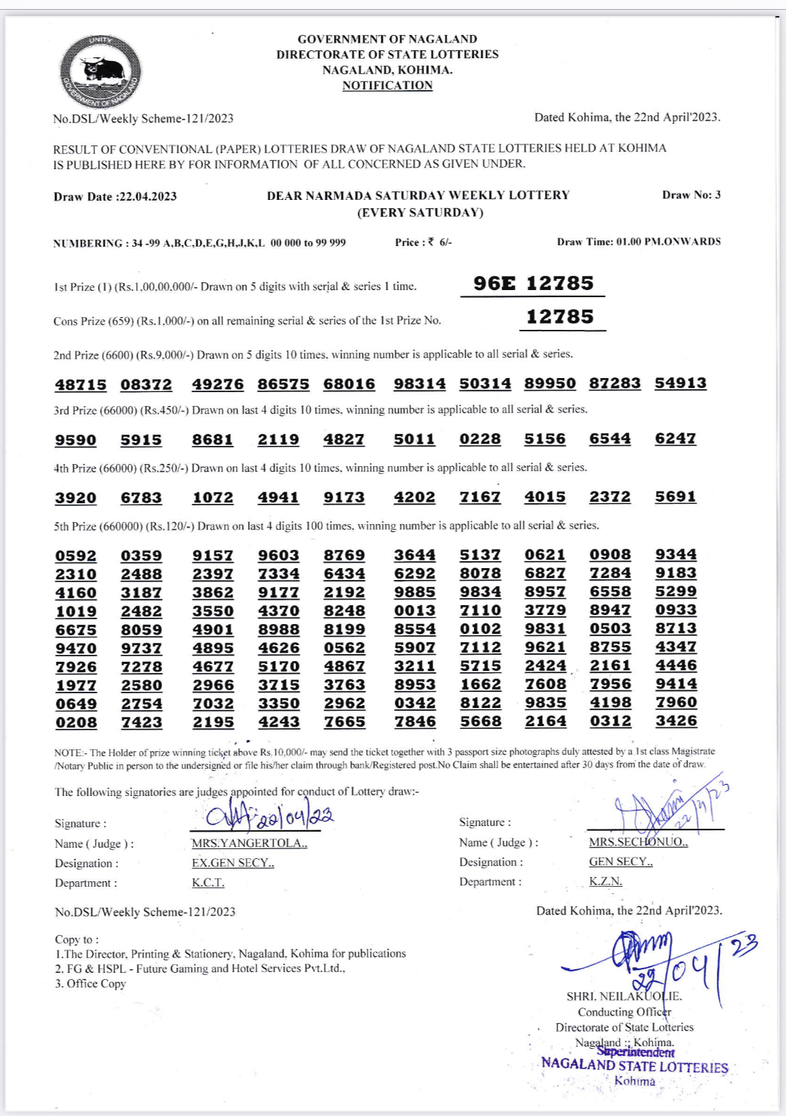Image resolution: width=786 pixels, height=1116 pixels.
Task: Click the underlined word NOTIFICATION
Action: tap(387, 85)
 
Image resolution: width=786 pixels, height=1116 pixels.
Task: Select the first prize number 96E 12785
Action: tap(533, 283)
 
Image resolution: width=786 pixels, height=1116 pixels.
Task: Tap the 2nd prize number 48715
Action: tap(81, 384)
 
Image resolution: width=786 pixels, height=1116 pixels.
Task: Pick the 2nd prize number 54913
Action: tap(681, 383)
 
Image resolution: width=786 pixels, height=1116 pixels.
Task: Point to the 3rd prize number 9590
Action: tap(76, 440)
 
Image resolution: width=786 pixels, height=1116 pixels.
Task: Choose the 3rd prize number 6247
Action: tap(676, 438)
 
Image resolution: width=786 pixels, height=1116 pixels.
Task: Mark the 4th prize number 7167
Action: tap(480, 497)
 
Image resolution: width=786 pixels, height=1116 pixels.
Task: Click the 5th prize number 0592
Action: tap(76, 556)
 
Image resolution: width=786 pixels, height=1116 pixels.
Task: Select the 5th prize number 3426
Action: tap(676, 720)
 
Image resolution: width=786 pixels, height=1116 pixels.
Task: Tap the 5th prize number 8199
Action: tap(344, 629)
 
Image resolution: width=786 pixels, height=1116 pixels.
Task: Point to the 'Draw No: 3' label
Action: tap(691, 195)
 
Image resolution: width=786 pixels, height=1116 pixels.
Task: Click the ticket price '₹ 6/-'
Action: tap(440, 242)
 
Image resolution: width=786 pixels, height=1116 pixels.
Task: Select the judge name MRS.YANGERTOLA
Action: tap(249, 843)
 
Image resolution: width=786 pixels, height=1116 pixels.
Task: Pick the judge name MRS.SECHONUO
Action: tap(638, 842)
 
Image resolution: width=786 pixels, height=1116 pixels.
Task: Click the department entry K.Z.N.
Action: tap(605, 881)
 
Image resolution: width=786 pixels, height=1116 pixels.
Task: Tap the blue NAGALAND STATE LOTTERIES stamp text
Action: tap(634, 1066)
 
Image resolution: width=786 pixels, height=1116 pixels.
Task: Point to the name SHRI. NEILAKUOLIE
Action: tap(624, 997)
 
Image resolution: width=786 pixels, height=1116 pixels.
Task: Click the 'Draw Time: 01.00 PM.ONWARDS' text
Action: tap(639, 242)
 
